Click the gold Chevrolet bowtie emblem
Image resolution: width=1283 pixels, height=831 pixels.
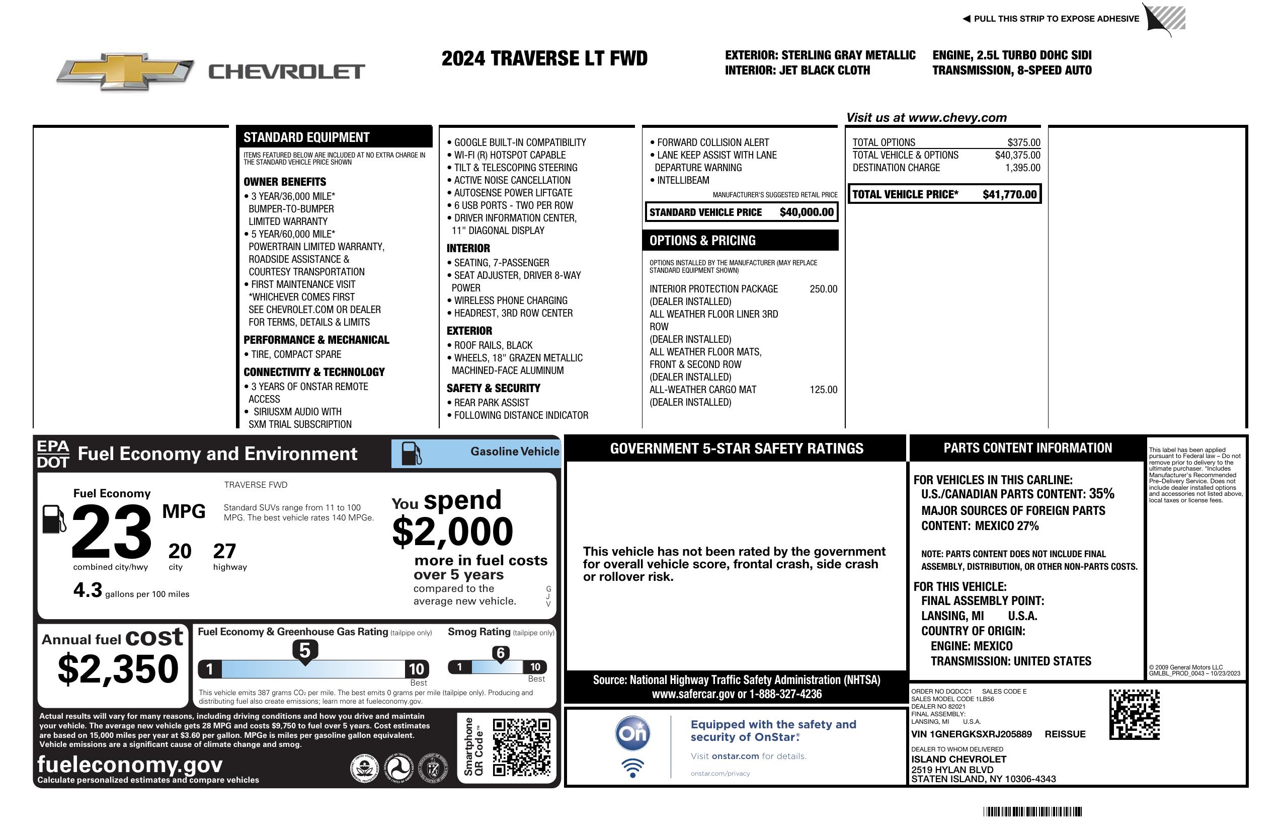pyautogui.click(x=125, y=71)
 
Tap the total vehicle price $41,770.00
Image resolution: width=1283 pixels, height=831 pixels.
pyautogui.click(x=1009, y=194)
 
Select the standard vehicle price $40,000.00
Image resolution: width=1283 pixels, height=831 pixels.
pyautogui.click(x=807, y=212)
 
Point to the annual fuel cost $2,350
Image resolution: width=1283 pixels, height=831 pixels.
pyautogui.click(x=118, y=669)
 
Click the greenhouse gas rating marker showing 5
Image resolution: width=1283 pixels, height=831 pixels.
pyautogui.click(x=305, y=651)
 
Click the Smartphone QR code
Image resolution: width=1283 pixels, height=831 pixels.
pyautogui.click(x=522, y=747)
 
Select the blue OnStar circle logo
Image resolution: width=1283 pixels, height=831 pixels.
pyautogui.click(x=632, y=733)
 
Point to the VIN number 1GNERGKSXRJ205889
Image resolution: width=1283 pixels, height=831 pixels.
pyautogui.click(x=971, y=734)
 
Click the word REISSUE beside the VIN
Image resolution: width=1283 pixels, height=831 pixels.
pyautogui.click(x=1065, y=734)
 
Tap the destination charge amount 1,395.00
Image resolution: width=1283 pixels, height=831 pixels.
pyautogui.click(x=1022, y=168)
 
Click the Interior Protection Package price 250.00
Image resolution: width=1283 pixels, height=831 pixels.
pyautogui.click(x=823, y=289)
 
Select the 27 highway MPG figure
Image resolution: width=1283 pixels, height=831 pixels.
pyautogui.click(x=224, y=551)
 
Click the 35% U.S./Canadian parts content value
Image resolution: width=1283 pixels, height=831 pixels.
pyautogui.click(x=1101, y=493)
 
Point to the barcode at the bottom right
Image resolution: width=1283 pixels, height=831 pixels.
pyautogui.click(x=1032, y=811)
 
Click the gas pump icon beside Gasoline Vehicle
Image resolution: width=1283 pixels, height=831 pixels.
pyautogui.click(x=412, y=454)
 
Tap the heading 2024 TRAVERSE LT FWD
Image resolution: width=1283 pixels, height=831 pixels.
pyautogui.click(x=544, y=58)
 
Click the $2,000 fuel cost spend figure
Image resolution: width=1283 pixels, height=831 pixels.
pyautogui.click(x=452, y=532)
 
